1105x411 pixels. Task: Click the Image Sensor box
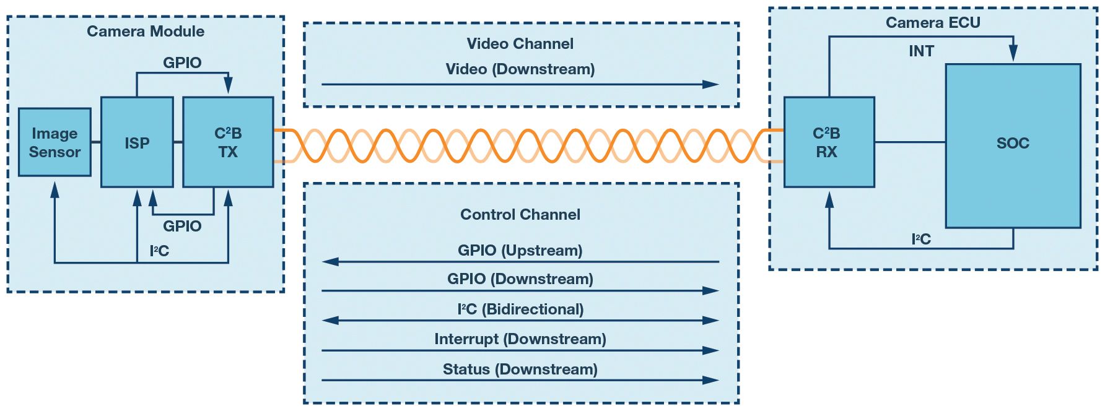55,142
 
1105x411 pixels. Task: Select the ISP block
137,142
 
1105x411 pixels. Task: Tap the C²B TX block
228,142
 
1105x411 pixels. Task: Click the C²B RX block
829,142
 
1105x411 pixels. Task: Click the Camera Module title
146,32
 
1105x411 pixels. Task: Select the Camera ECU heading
933,23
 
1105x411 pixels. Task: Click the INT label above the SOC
921,51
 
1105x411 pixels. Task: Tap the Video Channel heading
520,44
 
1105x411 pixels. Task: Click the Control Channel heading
520,215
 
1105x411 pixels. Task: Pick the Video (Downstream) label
520,69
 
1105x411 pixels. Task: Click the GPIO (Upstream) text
520,251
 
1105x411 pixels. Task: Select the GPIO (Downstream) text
520,279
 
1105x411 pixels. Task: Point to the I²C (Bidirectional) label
520,309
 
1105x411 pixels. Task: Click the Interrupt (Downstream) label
520,339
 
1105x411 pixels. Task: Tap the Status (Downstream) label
520,370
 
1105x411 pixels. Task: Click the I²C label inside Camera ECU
921,240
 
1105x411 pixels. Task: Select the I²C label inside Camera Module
159,251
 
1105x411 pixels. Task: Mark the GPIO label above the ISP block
182,63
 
